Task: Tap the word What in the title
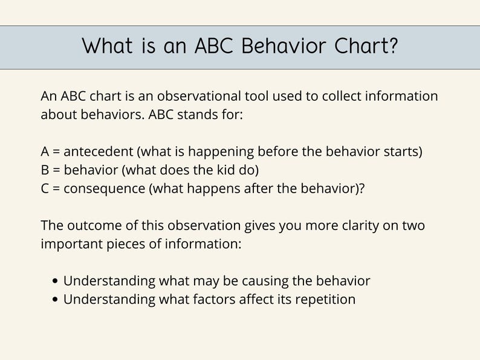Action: [x=109, y=47]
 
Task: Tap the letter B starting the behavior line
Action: [x=45, y=170]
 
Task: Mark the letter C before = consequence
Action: [x=45, y=188]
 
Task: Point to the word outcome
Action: [x=89, y=225]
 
